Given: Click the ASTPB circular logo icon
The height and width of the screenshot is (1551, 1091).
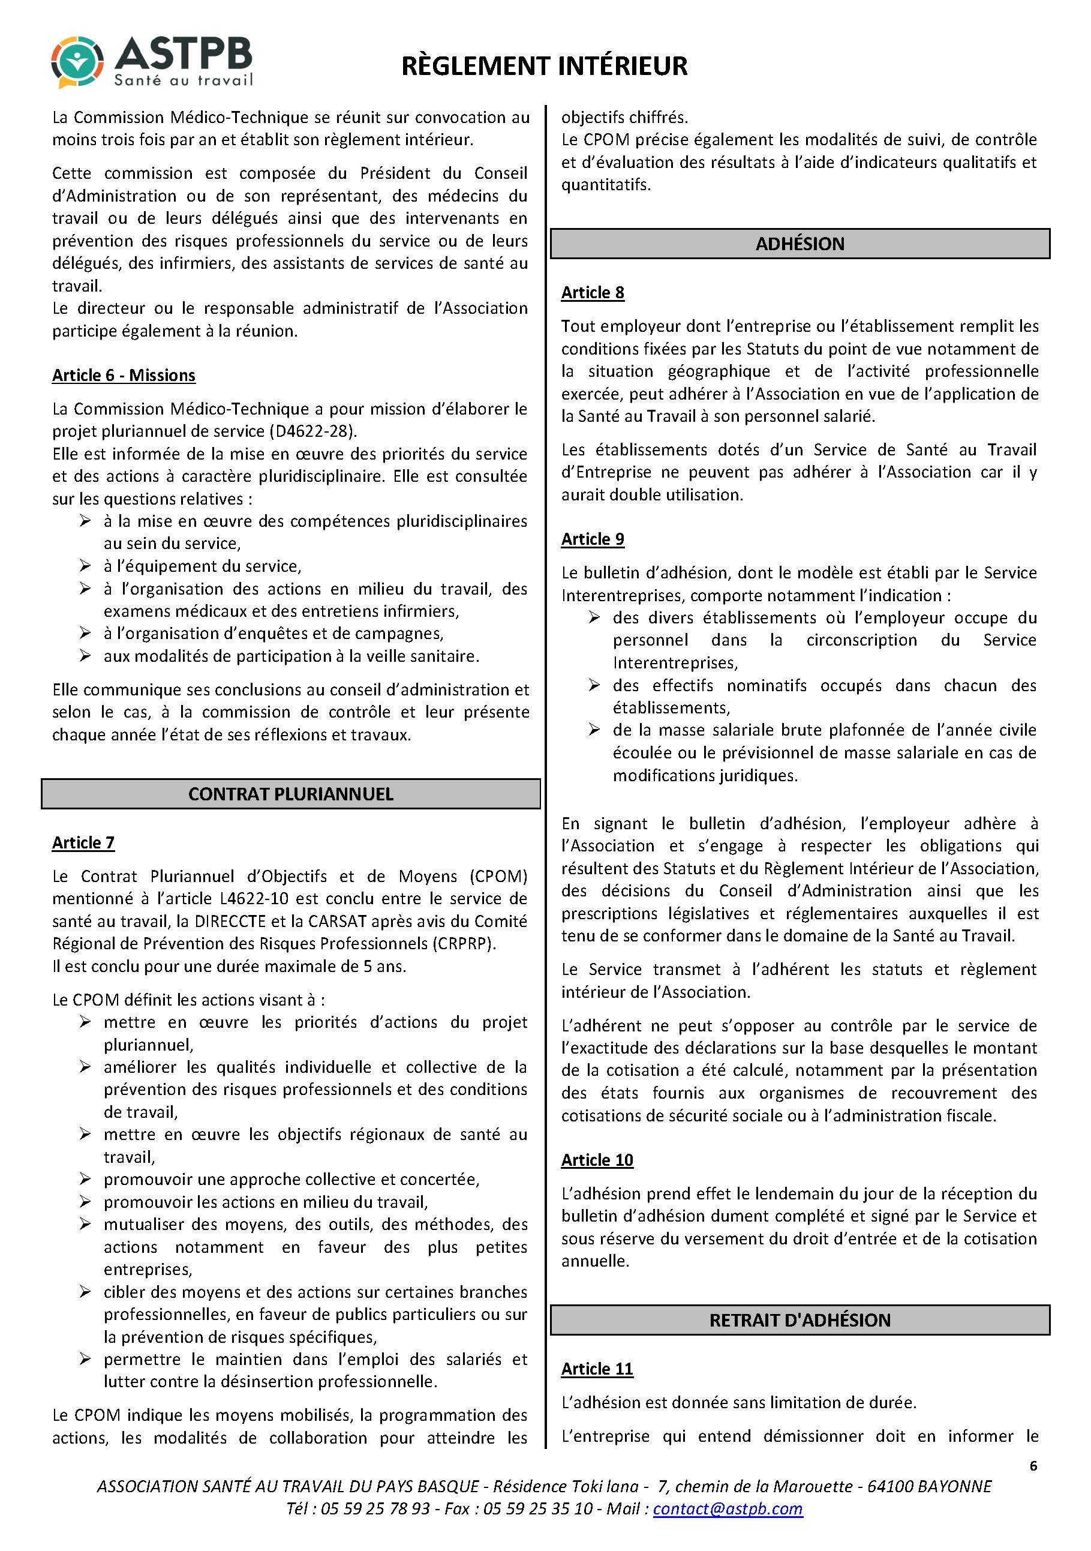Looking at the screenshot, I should pyautogui.click(x=77, y=63).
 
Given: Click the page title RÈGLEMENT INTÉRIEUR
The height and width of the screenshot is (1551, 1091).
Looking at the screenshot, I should pyautogui.click(x=544, y=66).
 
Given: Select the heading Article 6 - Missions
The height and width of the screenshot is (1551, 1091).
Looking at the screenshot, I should pyautogui.click(x=124, y=376).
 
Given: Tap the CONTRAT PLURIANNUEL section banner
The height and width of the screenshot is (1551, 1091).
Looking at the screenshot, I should pyautogui.click(x=290, y=794).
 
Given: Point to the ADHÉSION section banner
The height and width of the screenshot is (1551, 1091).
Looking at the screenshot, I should pyautogui.click(x=800, y=244).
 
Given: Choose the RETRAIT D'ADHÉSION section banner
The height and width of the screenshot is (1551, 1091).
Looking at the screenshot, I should pyautogui.click(x=800, y=1320).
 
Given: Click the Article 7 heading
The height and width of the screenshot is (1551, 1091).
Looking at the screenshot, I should pyautogui.click(x=83, y=842).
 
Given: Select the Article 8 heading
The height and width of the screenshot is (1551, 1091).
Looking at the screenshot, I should pyautogui.click(x=592, y=293).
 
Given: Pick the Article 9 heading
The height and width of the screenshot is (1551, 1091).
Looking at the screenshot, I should pyautogui.click(x=592, y=539).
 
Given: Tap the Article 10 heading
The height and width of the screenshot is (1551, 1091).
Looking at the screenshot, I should pyautogui.click(x=597, y=1160).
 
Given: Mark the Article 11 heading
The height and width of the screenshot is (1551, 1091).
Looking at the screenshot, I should pyautogui.click(x=597, y=1369).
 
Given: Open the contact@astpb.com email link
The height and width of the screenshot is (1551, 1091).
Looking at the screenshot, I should pyautogui.click(x=728, y=1509).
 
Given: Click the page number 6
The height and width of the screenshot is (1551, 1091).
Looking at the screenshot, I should pyautogui.click(x=1033, y=1466).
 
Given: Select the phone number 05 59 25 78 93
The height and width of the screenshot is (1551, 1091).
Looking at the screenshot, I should pyautogui.click(x=375, y=1509).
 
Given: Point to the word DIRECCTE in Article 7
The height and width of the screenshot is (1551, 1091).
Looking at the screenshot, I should pyautogui.click(x=230, y=922).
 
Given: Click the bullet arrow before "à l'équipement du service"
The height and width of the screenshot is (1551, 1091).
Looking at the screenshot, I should pyautogui.click(x=85, y=565).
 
